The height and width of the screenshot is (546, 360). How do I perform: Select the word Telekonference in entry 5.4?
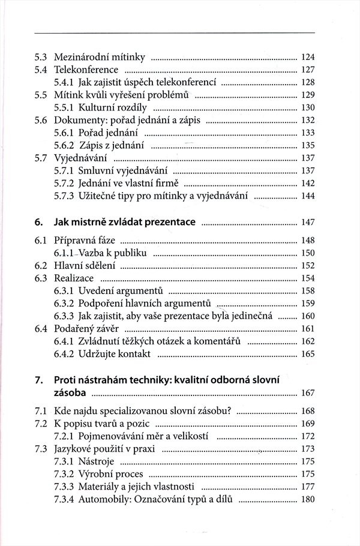click(82, 70)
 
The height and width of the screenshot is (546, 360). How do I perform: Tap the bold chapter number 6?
click(38, 222)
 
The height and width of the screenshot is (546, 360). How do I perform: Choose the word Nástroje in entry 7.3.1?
click(97, 461)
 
